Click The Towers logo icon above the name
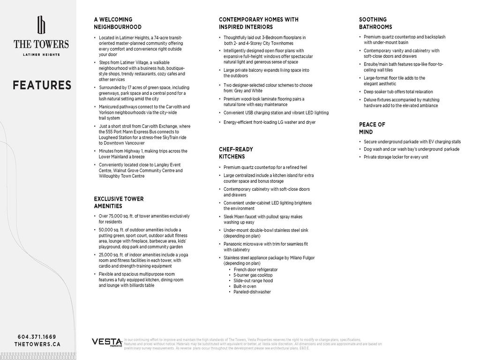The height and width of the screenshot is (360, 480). pos(41,25)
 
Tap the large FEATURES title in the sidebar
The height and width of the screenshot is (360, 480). pos(42,85)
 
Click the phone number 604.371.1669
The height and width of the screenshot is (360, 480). pos(37,337)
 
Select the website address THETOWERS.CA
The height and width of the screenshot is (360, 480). pos(37,344)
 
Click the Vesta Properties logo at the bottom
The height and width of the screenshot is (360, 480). pos(107,342)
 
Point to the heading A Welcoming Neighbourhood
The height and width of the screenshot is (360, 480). pos(118,23)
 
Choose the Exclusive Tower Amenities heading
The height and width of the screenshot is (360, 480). pos(119,202)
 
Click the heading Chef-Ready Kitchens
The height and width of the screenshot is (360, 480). pos(236,153)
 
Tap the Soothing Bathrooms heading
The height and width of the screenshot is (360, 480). pos(375,23)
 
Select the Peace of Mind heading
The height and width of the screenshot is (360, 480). pos(372,128)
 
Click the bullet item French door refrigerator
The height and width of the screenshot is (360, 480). pos(255,270)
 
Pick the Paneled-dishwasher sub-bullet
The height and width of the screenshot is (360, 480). pos(252,292)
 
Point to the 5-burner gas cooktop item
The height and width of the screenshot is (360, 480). pos(253,275)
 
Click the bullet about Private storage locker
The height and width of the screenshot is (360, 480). pos(396,157)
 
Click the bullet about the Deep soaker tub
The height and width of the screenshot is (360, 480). pos(398,92)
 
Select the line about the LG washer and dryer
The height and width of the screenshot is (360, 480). pos(270,122)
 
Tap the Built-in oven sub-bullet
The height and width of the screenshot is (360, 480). pos(245,286)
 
